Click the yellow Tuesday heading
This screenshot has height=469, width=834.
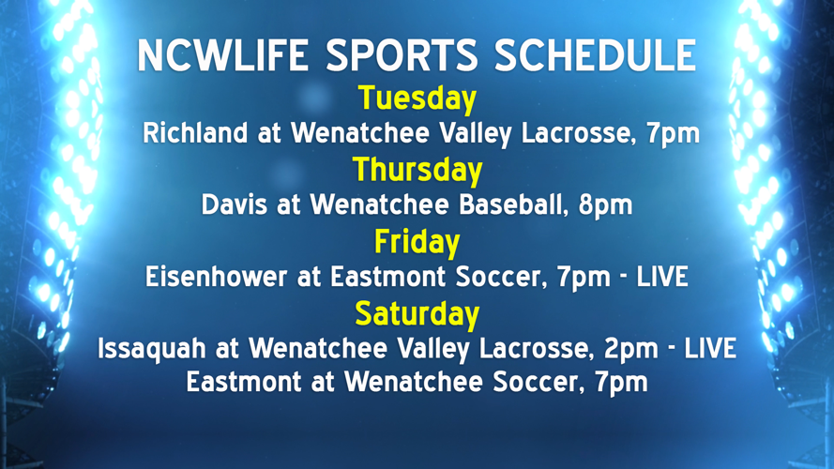pyautogui.click(x=417, y=98)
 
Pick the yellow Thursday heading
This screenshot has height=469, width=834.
pyautogui.click(x=417, y=170)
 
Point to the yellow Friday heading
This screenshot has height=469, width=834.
pyautogui.click(x=417, y=242)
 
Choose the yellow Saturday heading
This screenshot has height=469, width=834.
pyautogui.click(x=417, y=313)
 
